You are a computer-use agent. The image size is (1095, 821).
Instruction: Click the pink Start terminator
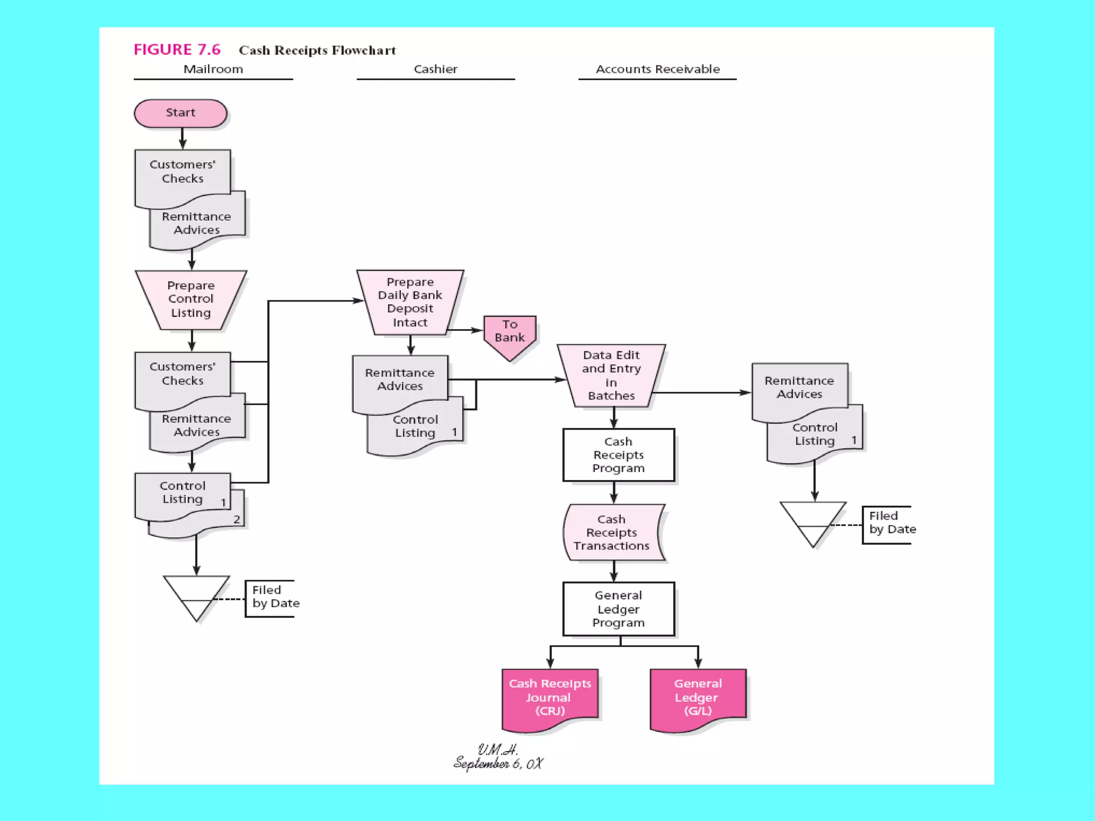point(181,113)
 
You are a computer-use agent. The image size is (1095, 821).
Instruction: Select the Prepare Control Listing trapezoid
point(191,299)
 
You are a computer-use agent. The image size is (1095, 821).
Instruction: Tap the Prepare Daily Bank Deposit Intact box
point(410,302)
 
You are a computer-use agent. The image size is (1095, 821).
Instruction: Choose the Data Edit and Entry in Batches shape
point(611,375)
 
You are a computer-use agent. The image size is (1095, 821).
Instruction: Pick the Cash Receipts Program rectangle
point(619,455)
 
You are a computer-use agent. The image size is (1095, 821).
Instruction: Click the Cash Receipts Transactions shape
point(613,533)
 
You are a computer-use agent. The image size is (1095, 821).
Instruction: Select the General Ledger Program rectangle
point(619,609)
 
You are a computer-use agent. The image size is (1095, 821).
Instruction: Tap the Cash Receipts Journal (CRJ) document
point(550,697)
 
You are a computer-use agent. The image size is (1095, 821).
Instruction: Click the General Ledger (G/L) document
point(698,697)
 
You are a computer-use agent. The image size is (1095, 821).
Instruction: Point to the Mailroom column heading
point(213,69)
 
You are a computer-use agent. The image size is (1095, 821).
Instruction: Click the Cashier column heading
point(436,69)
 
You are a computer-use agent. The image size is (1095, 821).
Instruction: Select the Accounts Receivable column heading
point(658,69)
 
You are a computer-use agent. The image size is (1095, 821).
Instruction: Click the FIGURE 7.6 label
point(177,50)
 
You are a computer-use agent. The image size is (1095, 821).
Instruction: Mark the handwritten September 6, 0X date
point(498,763)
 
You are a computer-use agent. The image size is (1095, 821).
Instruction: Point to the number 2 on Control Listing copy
point(237,520)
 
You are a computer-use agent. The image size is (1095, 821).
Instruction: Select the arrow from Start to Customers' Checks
point(183,138)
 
